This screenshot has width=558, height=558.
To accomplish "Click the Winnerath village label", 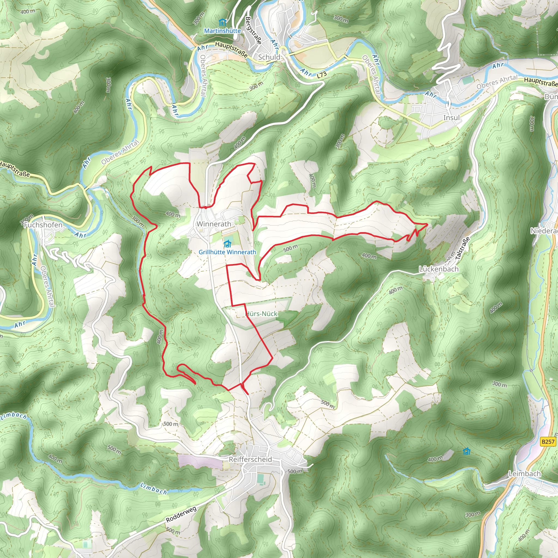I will [x=214, y=224].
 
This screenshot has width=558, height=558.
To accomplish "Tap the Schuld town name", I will [x=269, y=57].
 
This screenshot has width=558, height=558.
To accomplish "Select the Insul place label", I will [x=451, y=117].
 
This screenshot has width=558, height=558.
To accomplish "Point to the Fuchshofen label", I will [x=43, y=225].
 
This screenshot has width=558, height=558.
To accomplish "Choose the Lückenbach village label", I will [x=439, y=269].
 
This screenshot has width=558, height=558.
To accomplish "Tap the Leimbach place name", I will [x=524, y=474].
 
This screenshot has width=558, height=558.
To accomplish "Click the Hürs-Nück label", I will [x=261, y=314].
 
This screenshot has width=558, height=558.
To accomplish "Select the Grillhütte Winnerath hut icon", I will [x=228, y=244].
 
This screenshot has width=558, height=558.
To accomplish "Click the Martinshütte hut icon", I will [x=222, y=22].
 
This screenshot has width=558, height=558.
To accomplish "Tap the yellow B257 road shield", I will [x=548, y=442].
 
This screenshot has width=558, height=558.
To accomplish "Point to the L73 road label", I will [x=322, y=75].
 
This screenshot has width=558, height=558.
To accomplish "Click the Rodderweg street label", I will [x=181, y=514].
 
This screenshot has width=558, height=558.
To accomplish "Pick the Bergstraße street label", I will [x=253, y=30].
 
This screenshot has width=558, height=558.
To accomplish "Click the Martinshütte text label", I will [x=222, y=31].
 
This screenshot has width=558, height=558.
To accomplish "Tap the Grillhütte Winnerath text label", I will [x=227, y=252].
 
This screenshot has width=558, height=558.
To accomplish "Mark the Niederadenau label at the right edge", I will [x=544, y=231].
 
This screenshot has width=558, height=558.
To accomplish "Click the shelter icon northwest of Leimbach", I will [x=466, y=451].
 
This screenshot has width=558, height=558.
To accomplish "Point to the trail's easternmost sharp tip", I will [x=427, y=224].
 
